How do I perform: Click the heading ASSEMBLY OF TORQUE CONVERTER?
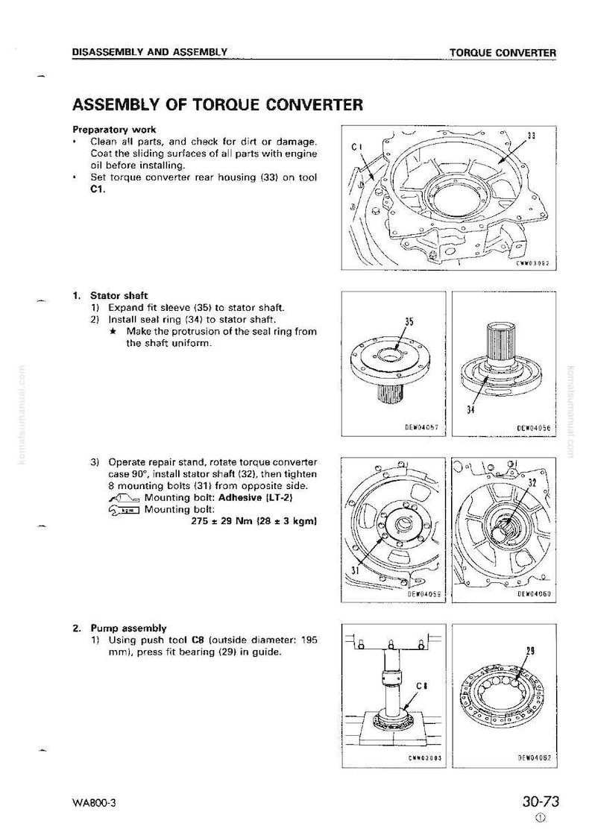tap(217, 104)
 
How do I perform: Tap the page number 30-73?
tap(541, 801)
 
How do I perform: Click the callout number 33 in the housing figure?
tap(531, 136)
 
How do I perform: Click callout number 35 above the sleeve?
tap(409, 321)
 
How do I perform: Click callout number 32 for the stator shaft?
tap(532, 482)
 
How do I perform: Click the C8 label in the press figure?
tap(422, 687)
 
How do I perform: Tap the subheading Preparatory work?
tap(114, 130)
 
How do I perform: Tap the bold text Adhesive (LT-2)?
tap(256, 497)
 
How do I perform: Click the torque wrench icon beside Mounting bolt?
tap(124, 510)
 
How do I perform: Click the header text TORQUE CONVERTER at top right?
tap(503, 53)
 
